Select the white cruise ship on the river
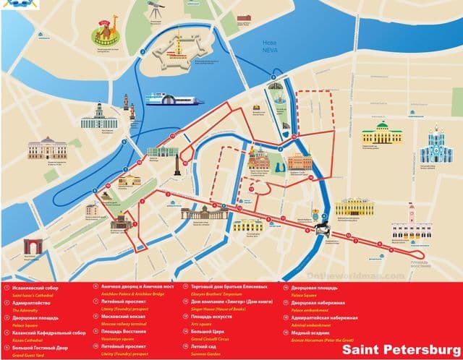click(x=172, y=99)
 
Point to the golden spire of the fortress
click(x=177, y=40)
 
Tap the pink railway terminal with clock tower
click(x=410, y=226)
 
